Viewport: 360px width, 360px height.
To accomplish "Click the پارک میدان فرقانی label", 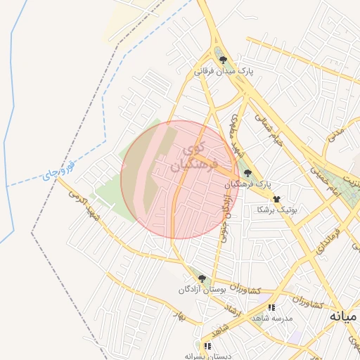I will [223, 71].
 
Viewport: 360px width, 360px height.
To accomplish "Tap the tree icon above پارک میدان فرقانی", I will [223, 60].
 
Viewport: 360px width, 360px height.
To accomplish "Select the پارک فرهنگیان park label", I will [247, 184].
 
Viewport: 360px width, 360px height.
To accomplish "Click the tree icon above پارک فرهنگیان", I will [247, 172].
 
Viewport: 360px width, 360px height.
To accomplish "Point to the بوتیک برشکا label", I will [277, 210].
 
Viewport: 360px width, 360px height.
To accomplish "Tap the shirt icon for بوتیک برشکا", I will [277, 199].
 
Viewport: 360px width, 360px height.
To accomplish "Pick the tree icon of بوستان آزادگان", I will [202, 278].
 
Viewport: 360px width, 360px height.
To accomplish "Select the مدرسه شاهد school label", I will [280, 318].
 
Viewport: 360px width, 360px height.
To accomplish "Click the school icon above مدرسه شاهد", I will [271, 307].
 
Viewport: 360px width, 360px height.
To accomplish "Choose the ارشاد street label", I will [231, 307].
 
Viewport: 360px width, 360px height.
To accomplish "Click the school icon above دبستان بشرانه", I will [207, 346].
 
